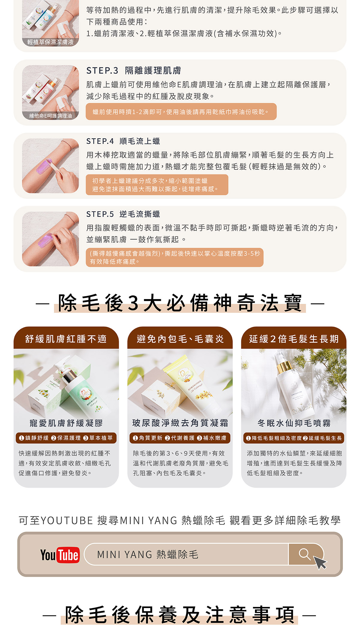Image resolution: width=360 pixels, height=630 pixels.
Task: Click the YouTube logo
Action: click(60, 555)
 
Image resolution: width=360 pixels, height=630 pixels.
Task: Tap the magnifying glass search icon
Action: click(304, 554)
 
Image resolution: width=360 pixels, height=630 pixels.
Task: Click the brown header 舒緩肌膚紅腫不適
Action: click(66, 339)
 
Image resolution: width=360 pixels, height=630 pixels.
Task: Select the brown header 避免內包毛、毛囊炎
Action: click(180, 339)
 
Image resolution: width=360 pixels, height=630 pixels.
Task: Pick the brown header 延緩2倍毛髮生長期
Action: click(294, 339)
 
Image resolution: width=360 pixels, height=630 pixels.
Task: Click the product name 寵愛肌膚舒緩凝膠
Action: click(66, 423)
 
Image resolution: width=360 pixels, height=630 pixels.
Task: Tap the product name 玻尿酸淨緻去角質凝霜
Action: click(180, 423)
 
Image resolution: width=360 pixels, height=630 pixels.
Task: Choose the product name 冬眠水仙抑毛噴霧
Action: click(294, 423)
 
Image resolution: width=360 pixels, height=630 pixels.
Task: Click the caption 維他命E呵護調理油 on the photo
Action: click(50, 116)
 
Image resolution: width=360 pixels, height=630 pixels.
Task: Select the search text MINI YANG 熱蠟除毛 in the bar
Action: click(148, 555)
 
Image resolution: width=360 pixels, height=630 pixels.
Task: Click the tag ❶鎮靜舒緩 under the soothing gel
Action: click(34, 438)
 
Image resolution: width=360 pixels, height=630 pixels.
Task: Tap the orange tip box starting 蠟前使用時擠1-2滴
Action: click(181, 112)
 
